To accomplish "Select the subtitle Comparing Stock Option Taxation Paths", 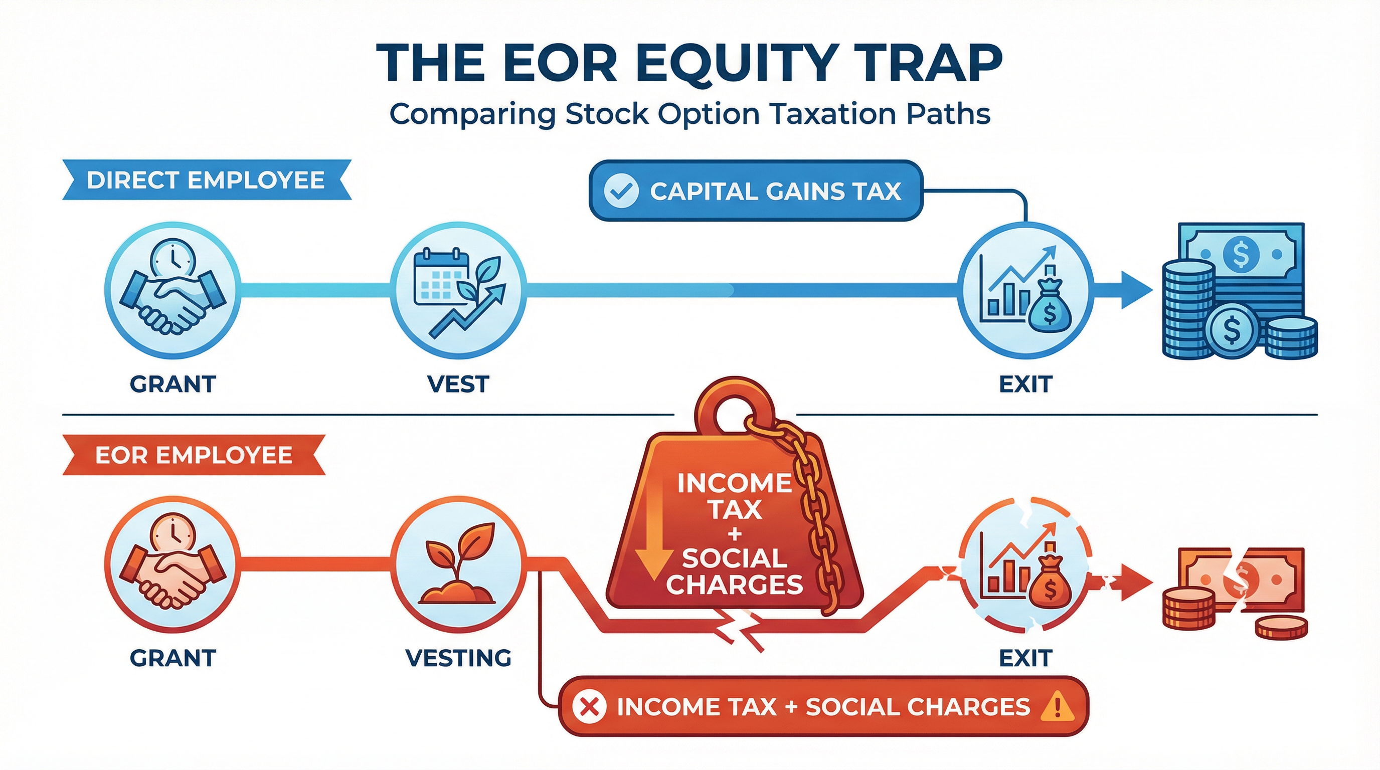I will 689,114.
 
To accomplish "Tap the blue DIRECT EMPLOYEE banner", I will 206,180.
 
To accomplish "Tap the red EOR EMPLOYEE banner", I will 194,455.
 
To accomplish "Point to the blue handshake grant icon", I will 172,291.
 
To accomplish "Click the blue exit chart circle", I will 1025,291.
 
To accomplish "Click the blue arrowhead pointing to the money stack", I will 1136,290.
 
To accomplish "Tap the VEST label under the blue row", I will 458,384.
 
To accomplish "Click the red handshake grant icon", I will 172,565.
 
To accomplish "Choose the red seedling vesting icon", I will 458,565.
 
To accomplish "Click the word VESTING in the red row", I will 458,658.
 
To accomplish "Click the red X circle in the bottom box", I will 589,707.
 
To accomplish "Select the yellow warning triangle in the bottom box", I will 1057,706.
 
